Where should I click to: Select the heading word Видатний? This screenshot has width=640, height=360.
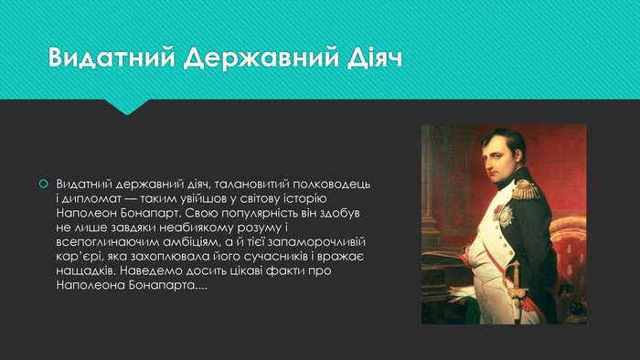point(112,58)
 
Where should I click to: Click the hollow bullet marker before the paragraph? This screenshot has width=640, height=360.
point(42,184)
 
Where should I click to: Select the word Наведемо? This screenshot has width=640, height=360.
point(155,272)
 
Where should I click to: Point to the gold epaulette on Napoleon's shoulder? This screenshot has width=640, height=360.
point(526,191)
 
